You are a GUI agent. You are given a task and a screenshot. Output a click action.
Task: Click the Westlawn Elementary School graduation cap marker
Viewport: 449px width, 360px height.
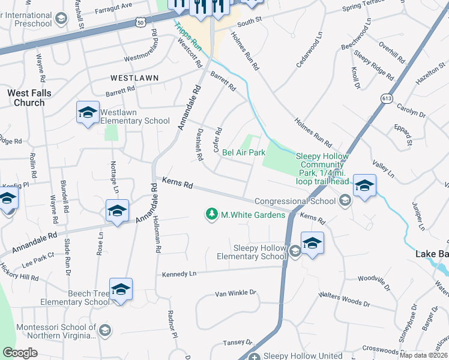tap(88, 112)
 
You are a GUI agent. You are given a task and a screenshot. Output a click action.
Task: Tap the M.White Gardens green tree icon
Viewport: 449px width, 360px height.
tap(211, 214)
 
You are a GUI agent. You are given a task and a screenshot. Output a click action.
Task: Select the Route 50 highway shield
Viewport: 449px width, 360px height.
tap(140, 22)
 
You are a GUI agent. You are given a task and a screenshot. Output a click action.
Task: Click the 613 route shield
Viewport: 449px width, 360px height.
tap(385, 96)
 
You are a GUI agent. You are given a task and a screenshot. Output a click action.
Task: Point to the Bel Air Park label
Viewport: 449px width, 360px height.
tap(244, 153)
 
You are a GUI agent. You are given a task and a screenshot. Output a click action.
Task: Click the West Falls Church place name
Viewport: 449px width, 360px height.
tap(29, 98)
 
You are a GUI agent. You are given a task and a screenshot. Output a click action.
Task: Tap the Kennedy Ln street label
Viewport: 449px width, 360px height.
tap(179, 274)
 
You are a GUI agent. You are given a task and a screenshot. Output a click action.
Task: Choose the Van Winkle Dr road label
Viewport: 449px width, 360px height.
tap(236, 293)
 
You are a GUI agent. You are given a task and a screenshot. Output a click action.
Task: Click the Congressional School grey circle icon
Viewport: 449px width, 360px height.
tap(345, 201)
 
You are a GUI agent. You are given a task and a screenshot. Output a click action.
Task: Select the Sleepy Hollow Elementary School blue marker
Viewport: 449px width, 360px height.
tap(312, 243)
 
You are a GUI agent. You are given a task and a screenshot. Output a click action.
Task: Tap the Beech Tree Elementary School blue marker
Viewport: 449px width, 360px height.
tap(121, 290)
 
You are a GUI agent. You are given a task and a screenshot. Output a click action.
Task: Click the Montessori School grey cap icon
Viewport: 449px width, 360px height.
tap(104, 331)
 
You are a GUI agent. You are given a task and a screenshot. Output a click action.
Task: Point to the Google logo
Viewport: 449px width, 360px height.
tap(20, 353)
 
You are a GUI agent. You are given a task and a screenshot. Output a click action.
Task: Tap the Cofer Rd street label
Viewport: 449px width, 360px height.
tap(218, 139)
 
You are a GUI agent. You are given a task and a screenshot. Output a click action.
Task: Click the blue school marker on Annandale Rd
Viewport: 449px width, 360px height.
tap(118, 211)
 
